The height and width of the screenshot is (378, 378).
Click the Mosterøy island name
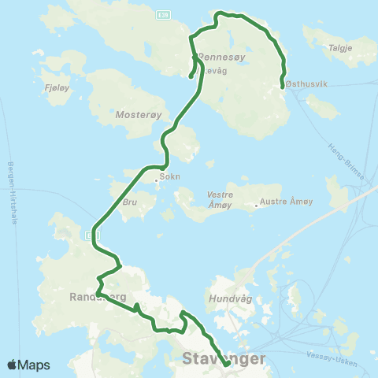pyautogui.click(x=138, y=113)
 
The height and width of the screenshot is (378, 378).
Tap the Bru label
pyautogui.click(x=130, y=201)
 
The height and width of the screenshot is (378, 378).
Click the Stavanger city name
pyautogui.click(x=224, y=358)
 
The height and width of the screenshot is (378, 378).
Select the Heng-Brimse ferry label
pyautogui.click(x=347, y=165)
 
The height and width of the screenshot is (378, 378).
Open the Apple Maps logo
pyautogui.click(x=28, y=365)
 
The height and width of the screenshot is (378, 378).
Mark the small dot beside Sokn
pyautogui.click(x=157, y=179)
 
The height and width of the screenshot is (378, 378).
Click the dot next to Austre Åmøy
pyautogui.click(x=257, y=206)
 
